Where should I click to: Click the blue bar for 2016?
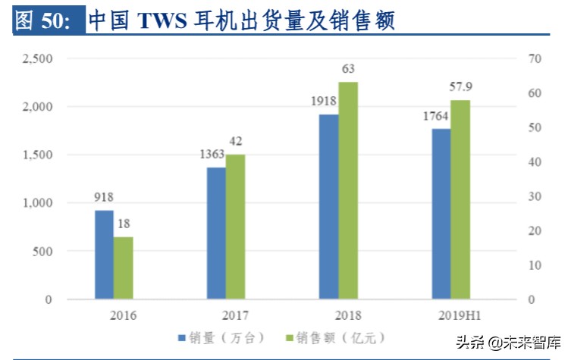coord(104,255)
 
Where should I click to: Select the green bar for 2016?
coord(124,268)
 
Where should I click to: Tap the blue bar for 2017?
coord(216,233)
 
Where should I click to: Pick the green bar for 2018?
coord(348,190)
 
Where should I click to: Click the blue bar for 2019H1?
coord(441,214)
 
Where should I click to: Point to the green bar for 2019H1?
coord(461,199)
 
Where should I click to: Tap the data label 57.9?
coord(461,86)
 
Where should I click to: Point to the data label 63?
coord(348,69)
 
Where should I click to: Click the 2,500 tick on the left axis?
coord(36,58)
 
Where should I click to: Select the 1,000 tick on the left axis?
coord(36,203)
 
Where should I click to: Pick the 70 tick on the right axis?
coord(534,58)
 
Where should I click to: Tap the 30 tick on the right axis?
coord(534,196)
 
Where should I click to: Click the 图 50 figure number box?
coord(43,20)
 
